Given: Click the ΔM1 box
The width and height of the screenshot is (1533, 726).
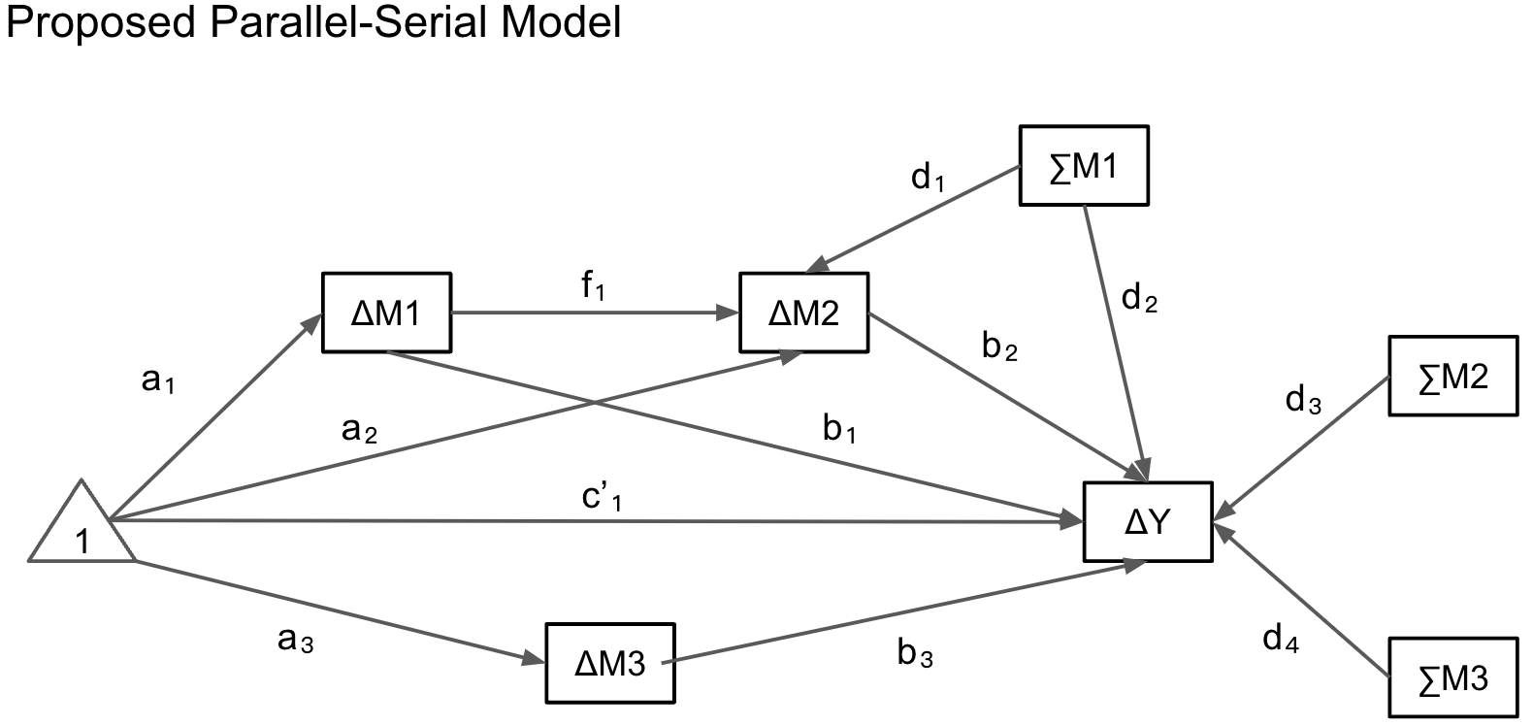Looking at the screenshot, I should pyautogui.click(x=386, y=313).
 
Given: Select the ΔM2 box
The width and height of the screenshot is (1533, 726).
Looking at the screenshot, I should pyautogui.click(x=803, y=313).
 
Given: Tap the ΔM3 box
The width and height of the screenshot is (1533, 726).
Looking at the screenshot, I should pyautogui.click(x=609, y=663).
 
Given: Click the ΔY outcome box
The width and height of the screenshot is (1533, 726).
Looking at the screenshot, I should pyautogui.click(x=1148, y=522).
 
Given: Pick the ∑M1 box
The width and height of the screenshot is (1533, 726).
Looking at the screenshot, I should pyautogui.click(x=1084, y=166).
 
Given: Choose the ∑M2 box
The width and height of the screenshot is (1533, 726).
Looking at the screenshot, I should pyautogui.click(x=1452, y=376).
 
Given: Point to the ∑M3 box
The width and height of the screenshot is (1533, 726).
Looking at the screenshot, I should pyautogui.click(x=1452, y=676).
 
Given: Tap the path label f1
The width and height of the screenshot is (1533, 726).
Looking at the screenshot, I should pyautogui.click(x=593, y=286).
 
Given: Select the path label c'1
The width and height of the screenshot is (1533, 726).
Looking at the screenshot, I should pyautogui.click(x=602, y=497).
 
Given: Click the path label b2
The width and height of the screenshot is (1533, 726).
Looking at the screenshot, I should pyautogui.click(x=999, y=346).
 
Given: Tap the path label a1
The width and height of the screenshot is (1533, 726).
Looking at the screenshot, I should pyautogui.click(x=158, y=380).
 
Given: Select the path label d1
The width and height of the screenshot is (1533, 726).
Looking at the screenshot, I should pyautogui.click(x=928, y=178).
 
